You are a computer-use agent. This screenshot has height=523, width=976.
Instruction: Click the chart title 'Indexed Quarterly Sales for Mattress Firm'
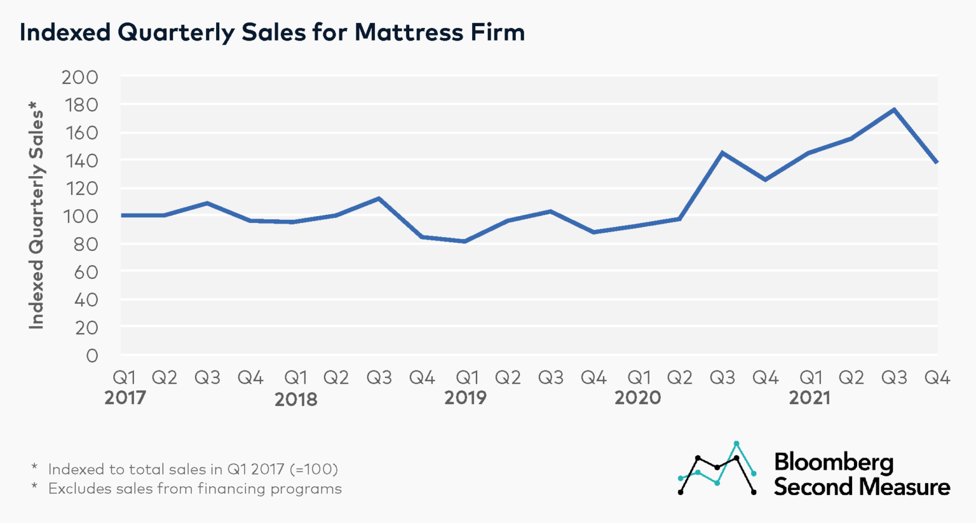[x=272, y=32]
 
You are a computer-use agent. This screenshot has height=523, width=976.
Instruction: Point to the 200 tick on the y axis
[x=79, y=77]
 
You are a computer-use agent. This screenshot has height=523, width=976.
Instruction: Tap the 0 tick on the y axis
[x=92, y=355]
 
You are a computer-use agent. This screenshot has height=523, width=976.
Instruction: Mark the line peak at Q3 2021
[x=894, y=110]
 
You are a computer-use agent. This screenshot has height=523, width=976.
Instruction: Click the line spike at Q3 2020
[x=722, y=153]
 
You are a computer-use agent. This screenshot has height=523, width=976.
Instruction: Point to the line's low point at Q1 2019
[x=465, y=241]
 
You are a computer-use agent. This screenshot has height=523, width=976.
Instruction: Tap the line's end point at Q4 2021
[x=937, y=163]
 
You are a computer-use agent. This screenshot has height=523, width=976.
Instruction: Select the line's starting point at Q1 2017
[x=122, y=215]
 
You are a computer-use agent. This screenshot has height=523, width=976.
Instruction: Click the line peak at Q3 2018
[x=379, y=199]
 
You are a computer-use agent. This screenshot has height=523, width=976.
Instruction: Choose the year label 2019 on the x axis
[x=465, y=398]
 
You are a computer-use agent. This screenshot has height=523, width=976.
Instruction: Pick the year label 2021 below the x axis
[x=810, y=398]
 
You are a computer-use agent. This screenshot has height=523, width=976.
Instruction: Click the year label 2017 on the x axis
[x=125, y=398]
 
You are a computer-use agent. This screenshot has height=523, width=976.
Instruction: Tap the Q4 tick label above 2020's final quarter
[x=765, y=378]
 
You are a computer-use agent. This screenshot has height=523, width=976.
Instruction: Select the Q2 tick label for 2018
[x=336, y=378]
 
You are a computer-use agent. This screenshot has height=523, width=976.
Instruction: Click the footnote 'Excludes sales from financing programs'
[x=194, y=489]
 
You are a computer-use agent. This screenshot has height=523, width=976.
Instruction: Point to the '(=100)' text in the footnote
[x=313, y=469]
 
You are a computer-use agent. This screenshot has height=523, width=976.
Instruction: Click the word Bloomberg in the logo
[x=834, y=462]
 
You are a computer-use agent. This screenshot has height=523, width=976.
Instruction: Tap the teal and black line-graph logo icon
[x=717, y=468]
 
